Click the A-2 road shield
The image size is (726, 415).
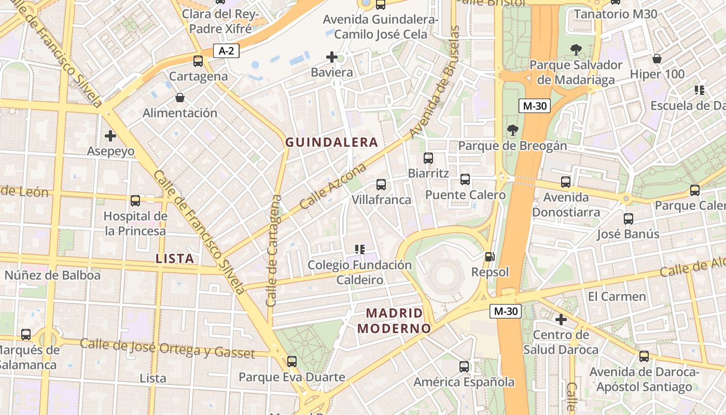point(226,51)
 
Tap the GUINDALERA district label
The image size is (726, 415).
point(331,142)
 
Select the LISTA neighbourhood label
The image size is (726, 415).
point(175,258)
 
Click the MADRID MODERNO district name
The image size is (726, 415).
point(395,321)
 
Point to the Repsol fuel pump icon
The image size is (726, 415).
point(490,256)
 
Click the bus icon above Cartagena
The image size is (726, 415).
point(198,61)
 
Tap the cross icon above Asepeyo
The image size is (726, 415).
point(110,136)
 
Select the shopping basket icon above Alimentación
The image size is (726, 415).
point(180,97)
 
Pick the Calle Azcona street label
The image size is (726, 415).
point(333,186)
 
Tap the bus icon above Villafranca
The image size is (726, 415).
point(381,184)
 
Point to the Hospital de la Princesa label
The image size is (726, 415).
point(135,224)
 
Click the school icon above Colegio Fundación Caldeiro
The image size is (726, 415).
point(360,250)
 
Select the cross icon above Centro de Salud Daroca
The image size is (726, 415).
point(561,320)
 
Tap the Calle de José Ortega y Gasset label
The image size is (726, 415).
point(167,348)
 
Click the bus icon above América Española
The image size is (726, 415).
point(464,367)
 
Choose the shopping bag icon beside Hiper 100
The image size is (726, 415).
point(657,59)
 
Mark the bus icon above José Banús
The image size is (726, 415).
point(629,218)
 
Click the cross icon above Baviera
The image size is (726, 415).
point(332,57)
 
